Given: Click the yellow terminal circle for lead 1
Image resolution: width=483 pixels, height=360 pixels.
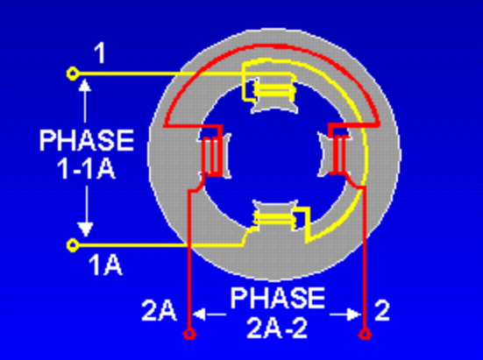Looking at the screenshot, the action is pos(73,74).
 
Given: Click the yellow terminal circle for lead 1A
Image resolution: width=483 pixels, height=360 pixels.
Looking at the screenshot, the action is pos(73,245).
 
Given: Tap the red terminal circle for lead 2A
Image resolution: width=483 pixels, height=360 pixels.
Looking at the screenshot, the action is pos(189,334).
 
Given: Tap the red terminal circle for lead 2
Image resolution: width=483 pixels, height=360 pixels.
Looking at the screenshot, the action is pos(365,334).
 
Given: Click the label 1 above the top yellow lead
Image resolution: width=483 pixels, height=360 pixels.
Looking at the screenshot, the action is pos(100,53).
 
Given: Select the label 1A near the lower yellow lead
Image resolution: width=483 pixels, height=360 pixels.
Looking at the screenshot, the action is pos(106,265).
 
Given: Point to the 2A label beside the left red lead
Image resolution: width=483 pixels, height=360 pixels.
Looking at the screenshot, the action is pos(159,311).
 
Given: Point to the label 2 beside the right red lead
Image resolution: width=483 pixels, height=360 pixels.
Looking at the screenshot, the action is pos(382,311).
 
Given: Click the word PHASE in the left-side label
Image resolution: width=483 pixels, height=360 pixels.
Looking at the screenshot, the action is pos(87,140).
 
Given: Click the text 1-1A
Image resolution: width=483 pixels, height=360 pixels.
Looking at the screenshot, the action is pos(86,169).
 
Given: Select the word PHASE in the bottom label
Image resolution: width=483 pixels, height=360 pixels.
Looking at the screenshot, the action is pos(278,298).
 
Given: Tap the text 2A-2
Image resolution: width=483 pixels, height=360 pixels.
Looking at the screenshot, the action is pos(277,328).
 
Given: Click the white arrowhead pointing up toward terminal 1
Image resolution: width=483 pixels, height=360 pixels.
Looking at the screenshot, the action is pos(85,85).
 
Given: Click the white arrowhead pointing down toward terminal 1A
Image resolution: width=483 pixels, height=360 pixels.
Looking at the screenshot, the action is pos(85,229).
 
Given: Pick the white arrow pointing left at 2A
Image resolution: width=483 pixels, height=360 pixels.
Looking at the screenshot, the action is pos(210,314).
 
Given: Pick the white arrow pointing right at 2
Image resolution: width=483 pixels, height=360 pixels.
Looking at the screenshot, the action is pos(345,314).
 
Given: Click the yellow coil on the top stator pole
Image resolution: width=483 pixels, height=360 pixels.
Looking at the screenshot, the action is pos(274,90).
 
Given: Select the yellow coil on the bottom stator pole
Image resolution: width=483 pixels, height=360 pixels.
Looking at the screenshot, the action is pos(274,218).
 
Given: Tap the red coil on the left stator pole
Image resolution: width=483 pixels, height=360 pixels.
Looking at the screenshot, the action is pos(212,156).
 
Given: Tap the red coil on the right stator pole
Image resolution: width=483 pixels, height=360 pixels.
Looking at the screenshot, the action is pos(338,154).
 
